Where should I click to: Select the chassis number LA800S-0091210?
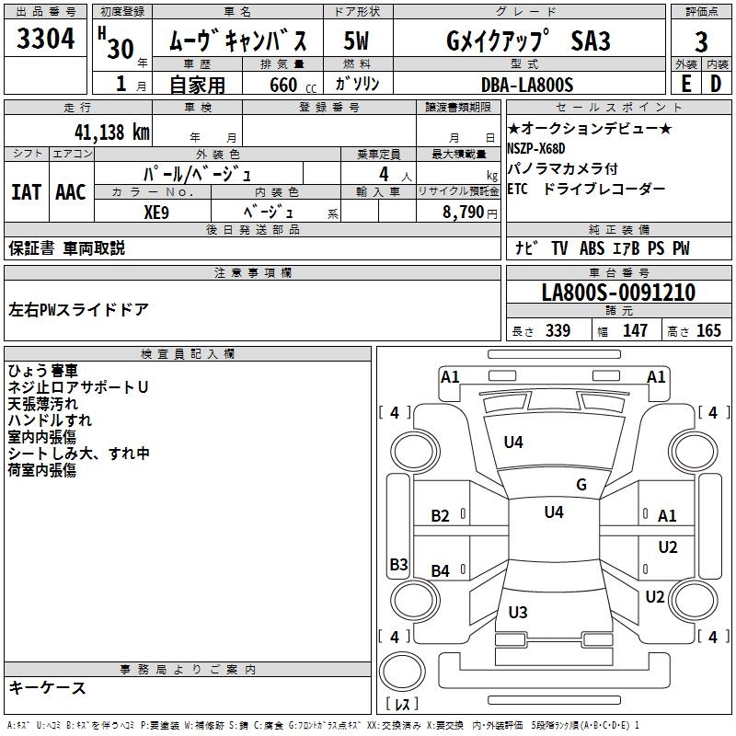point(618,293)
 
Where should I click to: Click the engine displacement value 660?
point(282,85)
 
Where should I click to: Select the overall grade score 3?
point(701,42)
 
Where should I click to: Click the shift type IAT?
point(26,192)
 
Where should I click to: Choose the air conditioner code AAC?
point(71,192)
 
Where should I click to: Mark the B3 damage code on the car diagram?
point(398,564)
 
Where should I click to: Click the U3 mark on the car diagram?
point(518,612)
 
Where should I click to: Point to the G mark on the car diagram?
point(581,485)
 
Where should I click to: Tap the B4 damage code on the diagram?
point(441,571)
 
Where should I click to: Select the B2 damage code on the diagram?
point(441,515)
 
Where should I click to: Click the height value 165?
point(708,330)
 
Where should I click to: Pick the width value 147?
point(635,330)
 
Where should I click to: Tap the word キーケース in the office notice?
point(48,687)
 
